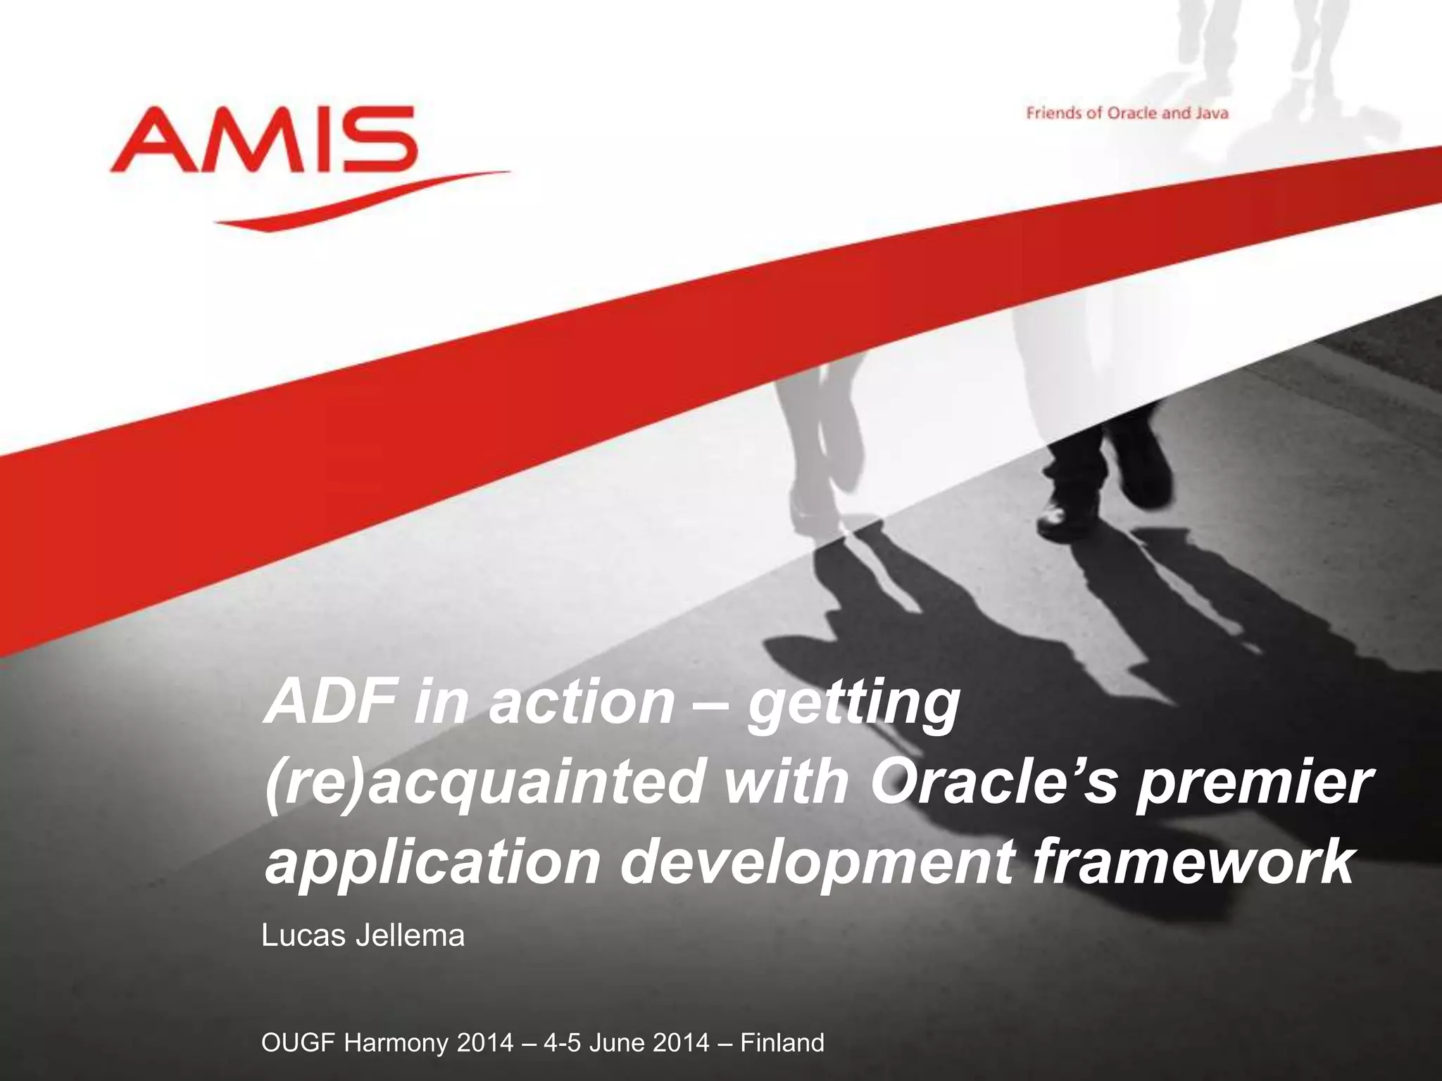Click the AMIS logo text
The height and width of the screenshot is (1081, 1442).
point(264,141)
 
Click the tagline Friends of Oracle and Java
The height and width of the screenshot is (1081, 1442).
point(1127,113)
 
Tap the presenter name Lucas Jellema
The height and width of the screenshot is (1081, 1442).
point(363,937)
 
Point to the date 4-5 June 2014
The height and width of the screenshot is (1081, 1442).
point(627,1042)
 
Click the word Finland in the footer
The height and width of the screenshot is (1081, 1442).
point(782,1042)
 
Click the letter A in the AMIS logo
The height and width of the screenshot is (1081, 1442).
point(144,141)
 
